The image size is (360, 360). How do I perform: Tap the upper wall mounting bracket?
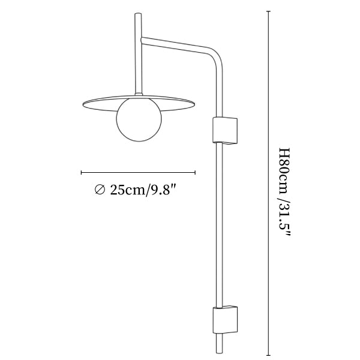[225, 131]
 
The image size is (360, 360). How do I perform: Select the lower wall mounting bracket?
[225, 319]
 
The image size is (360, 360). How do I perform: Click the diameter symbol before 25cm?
[100, 190]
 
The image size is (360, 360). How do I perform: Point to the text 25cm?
[128, 190]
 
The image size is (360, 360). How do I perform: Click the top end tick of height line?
[268, 11]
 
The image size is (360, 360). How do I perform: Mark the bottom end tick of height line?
[268, 355]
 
